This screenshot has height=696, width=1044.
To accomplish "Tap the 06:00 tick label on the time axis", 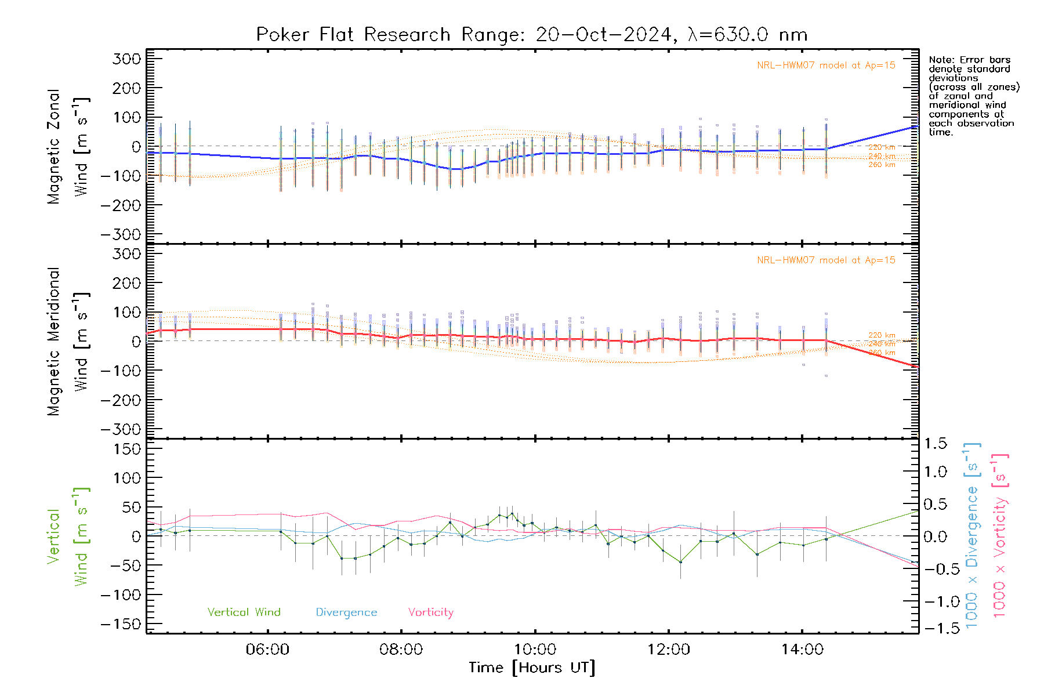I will coord(267,650).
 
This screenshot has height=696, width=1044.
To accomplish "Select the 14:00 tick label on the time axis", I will coord(802,650).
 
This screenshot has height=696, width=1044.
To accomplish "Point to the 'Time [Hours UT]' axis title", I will coord(532,668).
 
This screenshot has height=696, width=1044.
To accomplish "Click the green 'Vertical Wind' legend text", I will coord(244,612).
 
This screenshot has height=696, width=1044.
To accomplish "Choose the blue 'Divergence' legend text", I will coord(346,612).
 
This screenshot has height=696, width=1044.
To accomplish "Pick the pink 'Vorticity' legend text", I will coord(430,612).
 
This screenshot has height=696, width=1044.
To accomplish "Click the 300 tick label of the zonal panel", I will coord(126,59).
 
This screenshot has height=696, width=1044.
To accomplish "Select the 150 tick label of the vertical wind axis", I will coord(126,449).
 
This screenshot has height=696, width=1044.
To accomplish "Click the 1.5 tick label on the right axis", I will coord(935,444).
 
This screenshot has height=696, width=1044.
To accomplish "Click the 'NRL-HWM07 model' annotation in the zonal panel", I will coord(825,66).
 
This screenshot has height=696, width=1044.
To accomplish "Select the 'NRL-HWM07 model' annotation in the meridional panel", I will coord(825,260).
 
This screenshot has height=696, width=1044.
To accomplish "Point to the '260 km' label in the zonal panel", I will coord(882,165).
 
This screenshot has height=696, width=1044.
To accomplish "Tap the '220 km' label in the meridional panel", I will coord(882,335).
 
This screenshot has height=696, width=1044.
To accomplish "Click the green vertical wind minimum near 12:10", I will coord(681,562).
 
